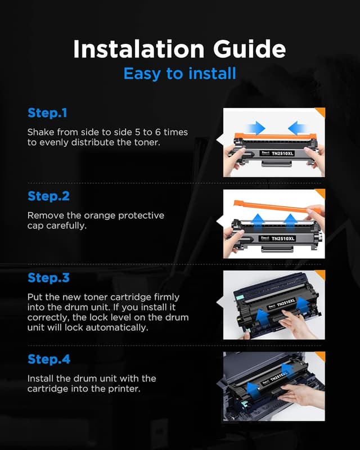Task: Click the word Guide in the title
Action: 250,49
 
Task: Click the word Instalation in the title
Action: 139,49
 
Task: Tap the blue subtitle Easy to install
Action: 180,74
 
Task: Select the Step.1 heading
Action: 47,113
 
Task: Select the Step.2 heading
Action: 48,196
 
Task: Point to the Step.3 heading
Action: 48,278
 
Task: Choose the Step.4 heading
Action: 49,359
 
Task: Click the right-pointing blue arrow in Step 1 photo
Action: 256,128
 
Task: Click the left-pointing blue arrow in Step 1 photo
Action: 297,128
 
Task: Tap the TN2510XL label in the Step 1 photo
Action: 282,154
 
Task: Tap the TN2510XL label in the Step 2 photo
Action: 283,238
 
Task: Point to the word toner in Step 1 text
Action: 146,142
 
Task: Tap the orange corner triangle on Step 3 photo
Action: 321,274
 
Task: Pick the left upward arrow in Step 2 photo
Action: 258,221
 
